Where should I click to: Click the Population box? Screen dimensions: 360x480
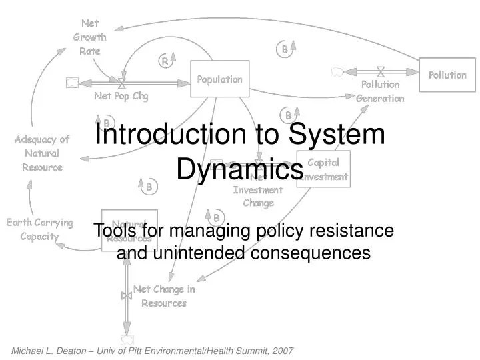220,79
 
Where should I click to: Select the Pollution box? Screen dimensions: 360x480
447,75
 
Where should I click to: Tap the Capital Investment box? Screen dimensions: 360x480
323,169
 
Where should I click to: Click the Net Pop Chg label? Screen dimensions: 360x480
121,96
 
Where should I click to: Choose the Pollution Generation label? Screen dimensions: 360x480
380,91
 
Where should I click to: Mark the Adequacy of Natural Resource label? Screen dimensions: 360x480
42,153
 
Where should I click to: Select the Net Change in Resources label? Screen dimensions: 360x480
164,296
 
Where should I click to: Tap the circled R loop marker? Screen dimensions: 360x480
163,61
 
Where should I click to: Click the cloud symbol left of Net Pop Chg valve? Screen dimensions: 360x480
72,83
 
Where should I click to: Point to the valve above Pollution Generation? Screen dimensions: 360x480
380,72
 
